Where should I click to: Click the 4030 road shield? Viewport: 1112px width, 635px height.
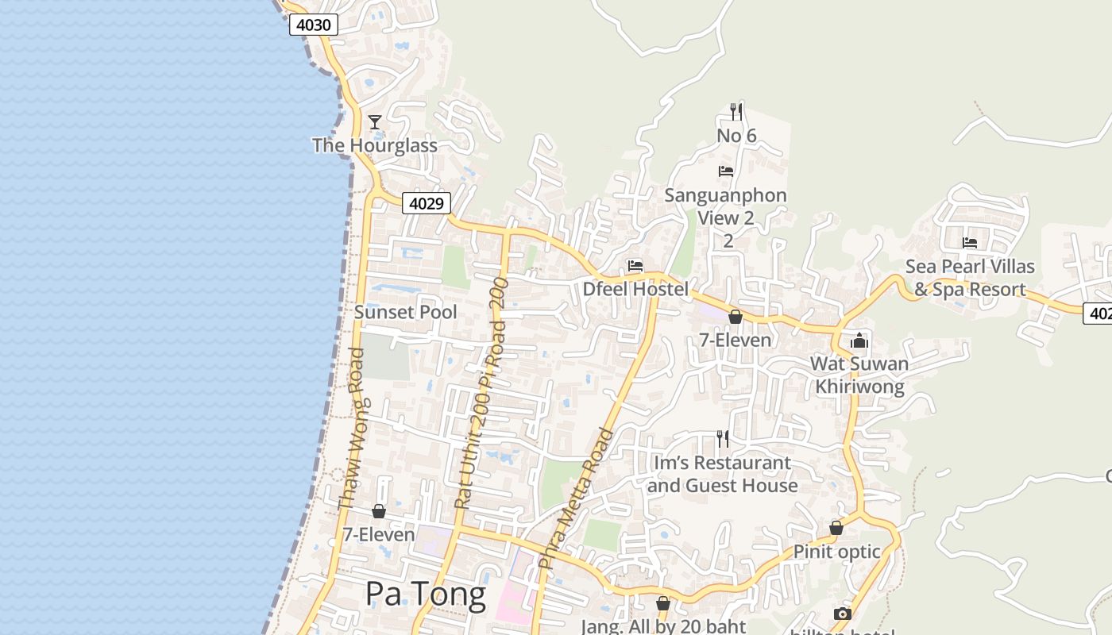pyautogui.click(x=313, y=25)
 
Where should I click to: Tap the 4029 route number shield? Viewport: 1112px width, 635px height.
pyautogui.click(x=426, y=203)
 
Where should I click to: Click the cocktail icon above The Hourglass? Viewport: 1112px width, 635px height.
pyautogui.click(x=375, y=122)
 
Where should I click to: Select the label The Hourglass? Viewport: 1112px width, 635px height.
pyautogui.click(x=375, y=145)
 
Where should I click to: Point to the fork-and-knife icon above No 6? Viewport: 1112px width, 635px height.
pyautogui.click(x=736, y=112)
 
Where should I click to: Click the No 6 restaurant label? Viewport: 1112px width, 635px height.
pyautogui.click(x=736, y=136)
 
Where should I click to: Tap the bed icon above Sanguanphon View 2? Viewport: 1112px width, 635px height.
pyautogui.click(x=725, y=171)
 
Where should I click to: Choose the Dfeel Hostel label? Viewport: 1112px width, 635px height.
pyautogui.click(x=635, y=289)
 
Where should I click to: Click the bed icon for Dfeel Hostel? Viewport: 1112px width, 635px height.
pyautogui.click(x=635, y=266)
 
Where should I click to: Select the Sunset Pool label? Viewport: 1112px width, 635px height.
pyautogui.click(x=405, y=312)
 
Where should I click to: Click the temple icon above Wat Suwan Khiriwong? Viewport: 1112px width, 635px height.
pyautogui.click(x=859, y=341)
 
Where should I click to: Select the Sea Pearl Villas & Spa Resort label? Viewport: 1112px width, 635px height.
pyautogui.click(x=970, y=278)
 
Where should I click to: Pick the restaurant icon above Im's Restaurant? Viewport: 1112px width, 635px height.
pyautogui.click(x=723, y=438)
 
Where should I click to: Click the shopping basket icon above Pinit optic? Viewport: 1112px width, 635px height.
pyautogui.click(x=836, y=528)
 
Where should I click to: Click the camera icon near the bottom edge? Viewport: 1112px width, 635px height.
pyautogui.click(x=842, y=614)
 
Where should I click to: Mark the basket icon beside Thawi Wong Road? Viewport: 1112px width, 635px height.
pyautogui.click(x=379, y=511)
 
